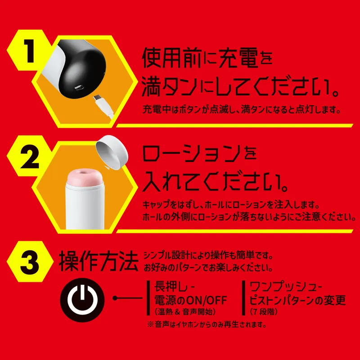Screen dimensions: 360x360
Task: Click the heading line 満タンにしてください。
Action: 241,87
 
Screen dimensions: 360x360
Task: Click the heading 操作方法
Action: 99,261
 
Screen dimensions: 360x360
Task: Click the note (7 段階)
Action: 261,311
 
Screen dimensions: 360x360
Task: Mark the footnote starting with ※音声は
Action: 207,324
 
